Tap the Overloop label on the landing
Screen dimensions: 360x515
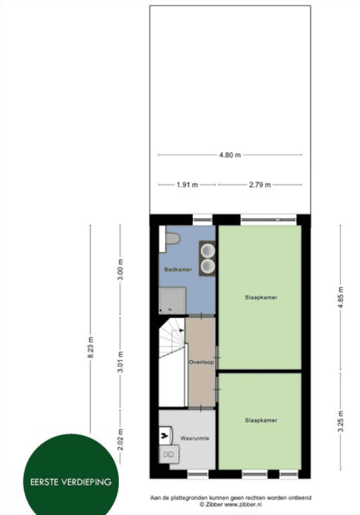pyautogui.click(x=201, y=362)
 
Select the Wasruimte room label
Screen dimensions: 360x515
pyautogui.click(x=194, y=438)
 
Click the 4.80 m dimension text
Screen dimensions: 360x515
pyautogui.click(x=230, y=154)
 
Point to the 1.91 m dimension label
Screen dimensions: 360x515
pyautogui.click(x=187, y=185)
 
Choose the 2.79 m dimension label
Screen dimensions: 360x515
pyautogui.click(x=260, y=185)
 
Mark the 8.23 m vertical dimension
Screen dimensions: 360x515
pyautogui.click(x=90, y=347)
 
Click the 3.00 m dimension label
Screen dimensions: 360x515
pyautogui.click(x=120, y=269)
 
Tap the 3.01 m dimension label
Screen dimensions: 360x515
pyautogui.click(x=120, y=362)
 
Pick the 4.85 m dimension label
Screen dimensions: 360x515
pyautogui.click(x=341, y=297)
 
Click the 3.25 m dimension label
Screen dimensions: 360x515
pyautogui.click(x=341, y=422)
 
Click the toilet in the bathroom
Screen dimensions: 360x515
pyautogui.click(x=172, y=238)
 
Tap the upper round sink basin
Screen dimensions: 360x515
pyautogui.click(x=207, y=251)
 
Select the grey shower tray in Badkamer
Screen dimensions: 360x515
pyautogui.click(x=172, y=300)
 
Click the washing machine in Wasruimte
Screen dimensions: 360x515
pyautogui.click(x=169, y=454)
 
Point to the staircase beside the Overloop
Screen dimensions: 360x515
pyautogui.click(x=172, y=362)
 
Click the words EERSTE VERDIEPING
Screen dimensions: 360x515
pyautogui.click(x=71, y=482)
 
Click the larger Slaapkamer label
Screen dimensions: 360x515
pyautogui.click(x=261, y=298)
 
